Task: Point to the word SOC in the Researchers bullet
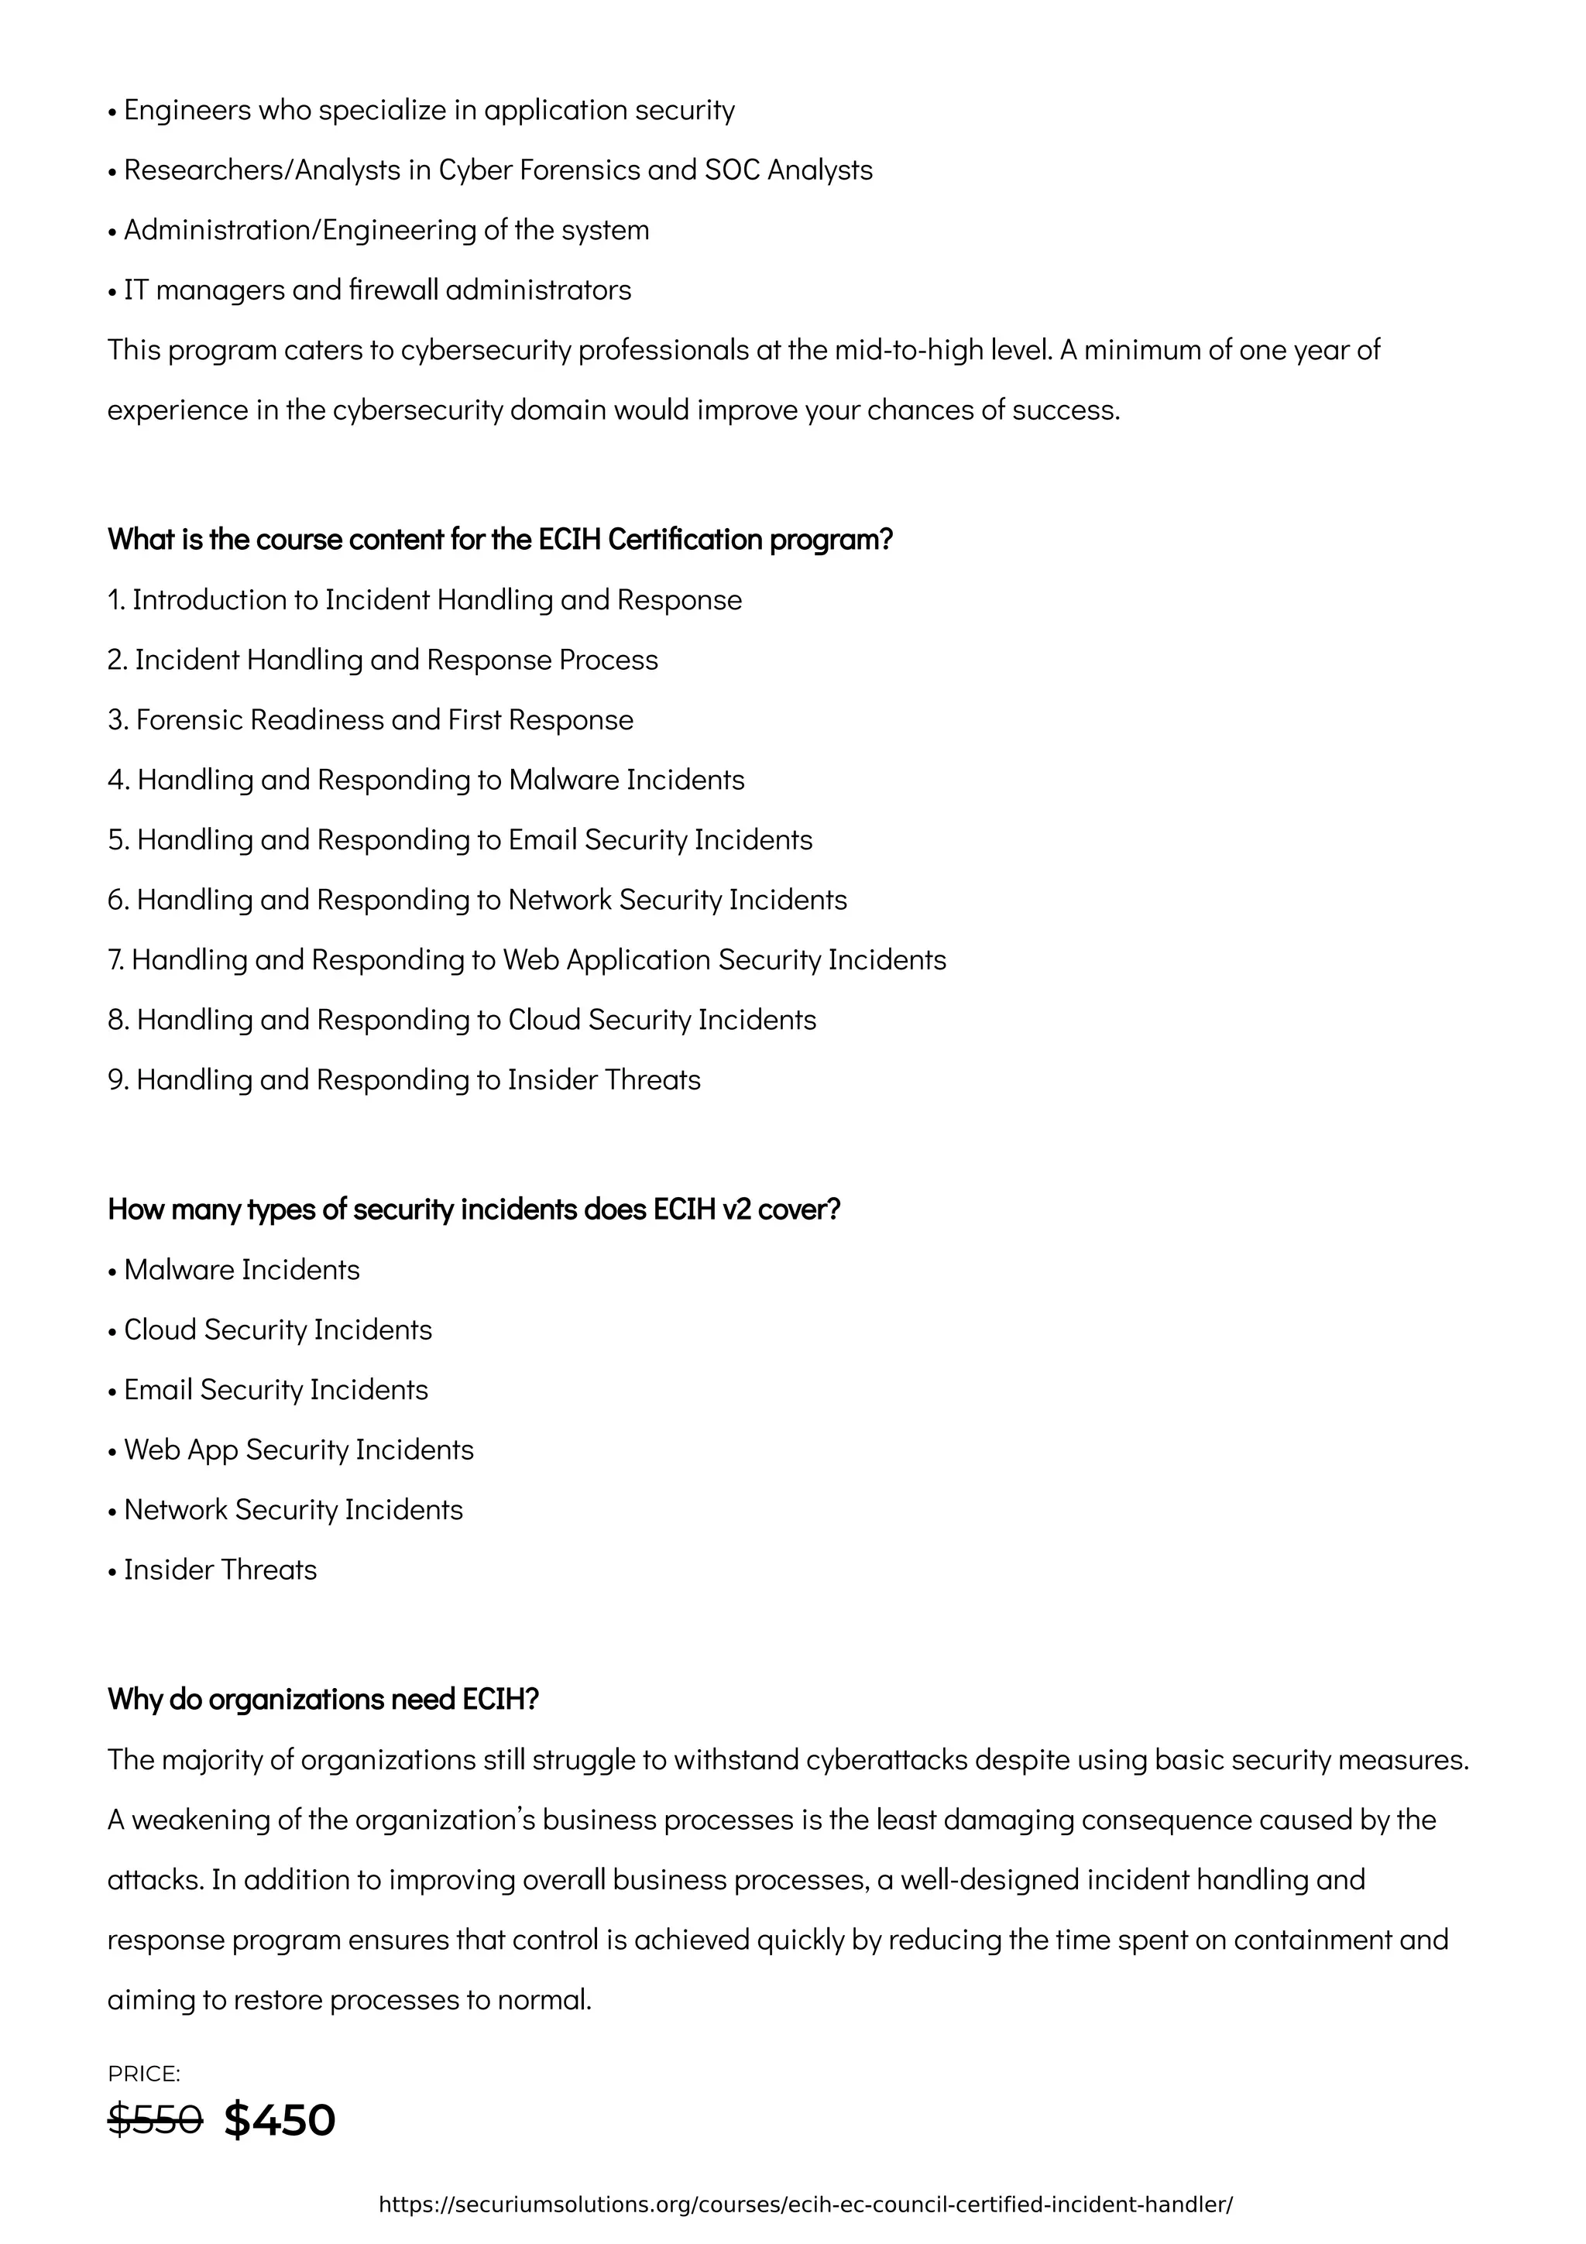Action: click(x=732, y=170)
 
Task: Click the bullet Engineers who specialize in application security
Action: click(x=421, y=111)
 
